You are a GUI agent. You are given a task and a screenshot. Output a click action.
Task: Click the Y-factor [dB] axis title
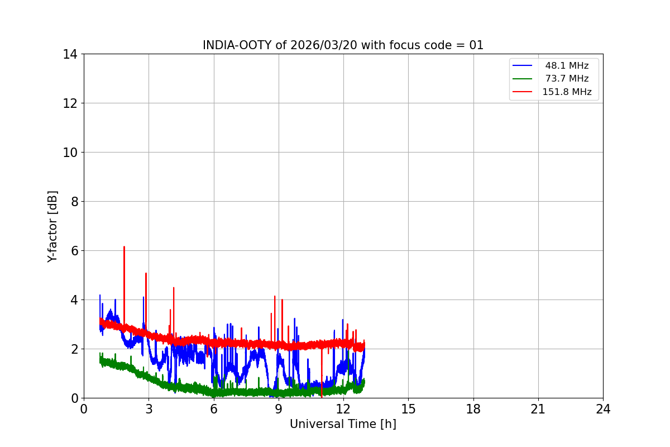52,226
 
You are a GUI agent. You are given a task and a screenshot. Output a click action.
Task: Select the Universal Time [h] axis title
343,424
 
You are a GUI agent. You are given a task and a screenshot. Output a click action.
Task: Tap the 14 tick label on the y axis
70,54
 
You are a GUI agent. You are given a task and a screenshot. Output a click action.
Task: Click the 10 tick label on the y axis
70,153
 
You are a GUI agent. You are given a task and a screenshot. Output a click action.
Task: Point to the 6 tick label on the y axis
74,251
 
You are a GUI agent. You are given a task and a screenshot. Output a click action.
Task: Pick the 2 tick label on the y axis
74,349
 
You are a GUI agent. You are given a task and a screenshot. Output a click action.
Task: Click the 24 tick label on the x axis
603,409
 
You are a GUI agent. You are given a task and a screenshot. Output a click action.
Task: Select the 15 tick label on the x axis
408,409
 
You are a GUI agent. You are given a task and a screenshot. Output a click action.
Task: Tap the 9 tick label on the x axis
279,409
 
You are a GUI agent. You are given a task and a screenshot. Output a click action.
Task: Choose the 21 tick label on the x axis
538,409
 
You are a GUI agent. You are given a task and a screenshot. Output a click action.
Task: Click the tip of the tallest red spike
124,246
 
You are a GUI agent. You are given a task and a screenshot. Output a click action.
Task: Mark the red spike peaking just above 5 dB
146,273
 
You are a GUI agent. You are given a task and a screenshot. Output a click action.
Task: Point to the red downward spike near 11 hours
322,396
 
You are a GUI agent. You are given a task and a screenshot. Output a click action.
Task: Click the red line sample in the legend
522,92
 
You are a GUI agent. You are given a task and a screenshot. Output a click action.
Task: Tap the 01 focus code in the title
476,45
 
